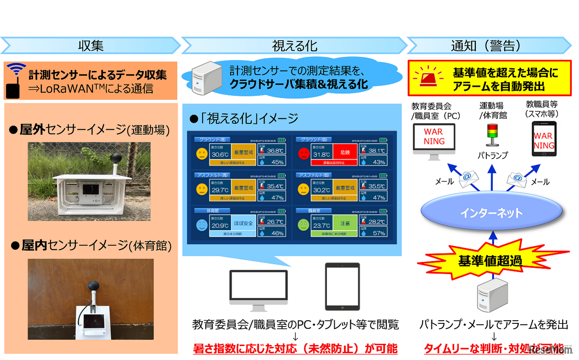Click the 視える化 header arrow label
pos(294,46)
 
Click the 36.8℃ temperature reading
pos(275,151)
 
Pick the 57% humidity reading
pos(379,233)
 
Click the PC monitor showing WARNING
pos(433,138)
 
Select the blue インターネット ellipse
pos(492,213)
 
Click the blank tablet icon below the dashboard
pos(342,286)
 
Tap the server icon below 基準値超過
pos(491,294)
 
